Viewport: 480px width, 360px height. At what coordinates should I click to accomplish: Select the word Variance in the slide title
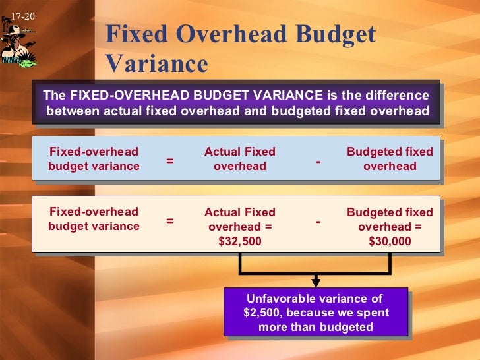coord(157,64)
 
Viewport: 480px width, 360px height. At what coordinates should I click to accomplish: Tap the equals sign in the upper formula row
coord(169,160)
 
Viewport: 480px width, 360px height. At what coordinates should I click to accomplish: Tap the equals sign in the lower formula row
coord(169,221)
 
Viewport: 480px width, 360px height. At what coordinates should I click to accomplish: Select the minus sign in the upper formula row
coord(318,160)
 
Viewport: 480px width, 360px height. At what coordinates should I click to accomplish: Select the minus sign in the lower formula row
coord(318,222)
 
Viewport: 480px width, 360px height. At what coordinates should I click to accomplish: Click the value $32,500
coord(239,241)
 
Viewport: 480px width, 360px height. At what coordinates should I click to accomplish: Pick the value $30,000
coord(390,241)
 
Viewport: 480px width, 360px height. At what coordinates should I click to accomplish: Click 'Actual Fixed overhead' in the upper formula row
coord(240,159)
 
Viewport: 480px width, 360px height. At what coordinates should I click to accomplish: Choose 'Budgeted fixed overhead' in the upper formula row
coord(390,159)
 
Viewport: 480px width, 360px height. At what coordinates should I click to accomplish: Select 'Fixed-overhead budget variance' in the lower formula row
coord(94,219)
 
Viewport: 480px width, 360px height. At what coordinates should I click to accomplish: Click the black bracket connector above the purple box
coord(315,271)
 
